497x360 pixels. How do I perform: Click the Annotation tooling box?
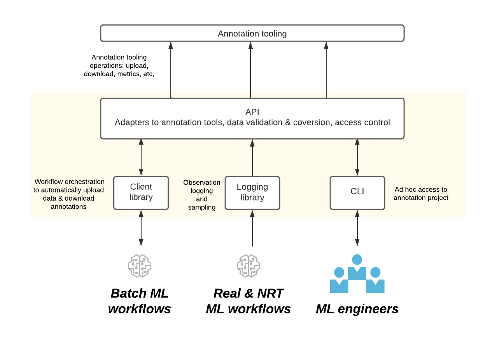[252, 33]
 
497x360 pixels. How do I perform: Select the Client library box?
[141, 193]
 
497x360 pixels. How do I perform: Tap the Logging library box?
[252, 193]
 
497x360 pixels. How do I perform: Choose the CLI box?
[357, 193]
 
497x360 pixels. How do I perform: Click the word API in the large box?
[252, 112]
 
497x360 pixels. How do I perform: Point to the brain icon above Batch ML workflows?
[140, 266]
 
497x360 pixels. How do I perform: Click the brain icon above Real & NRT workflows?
[248, 266]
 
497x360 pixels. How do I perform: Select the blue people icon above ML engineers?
[357, 274]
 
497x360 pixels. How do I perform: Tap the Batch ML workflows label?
[140, 301]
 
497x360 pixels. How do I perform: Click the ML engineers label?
[357, 309]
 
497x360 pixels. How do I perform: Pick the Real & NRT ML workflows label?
[248, 301]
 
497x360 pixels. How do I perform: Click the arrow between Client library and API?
[141, 157]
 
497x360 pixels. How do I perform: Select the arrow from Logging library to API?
[252, 157]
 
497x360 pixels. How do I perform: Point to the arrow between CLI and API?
[357, 157]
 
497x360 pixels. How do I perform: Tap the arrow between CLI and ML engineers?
[357, 228]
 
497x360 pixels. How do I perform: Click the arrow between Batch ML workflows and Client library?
[141, 228]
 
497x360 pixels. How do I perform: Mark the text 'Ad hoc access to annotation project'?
[421, 194]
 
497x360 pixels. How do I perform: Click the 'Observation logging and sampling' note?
[201, 195]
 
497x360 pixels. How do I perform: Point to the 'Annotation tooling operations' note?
[119, 66]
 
